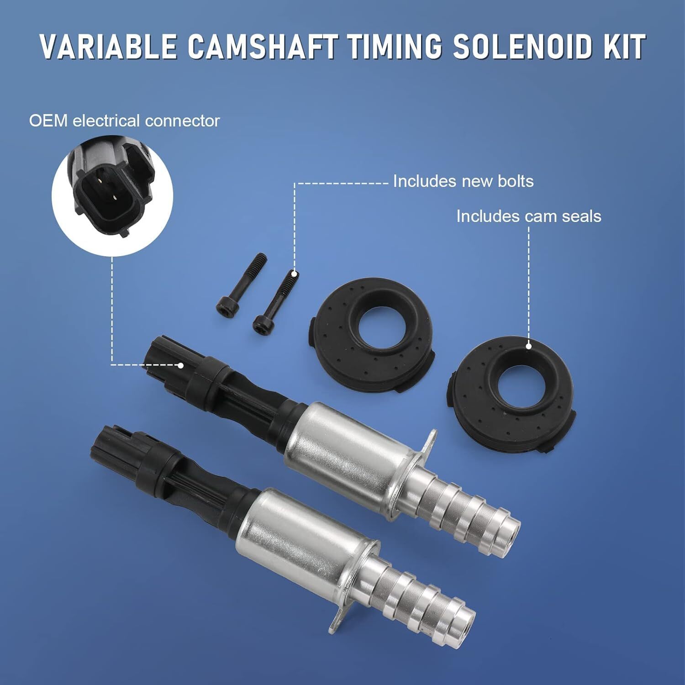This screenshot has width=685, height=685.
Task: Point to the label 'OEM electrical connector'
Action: (124, 121)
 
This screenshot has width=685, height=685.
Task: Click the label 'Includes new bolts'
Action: (463, 181)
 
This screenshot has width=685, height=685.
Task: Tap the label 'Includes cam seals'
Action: (529, 216)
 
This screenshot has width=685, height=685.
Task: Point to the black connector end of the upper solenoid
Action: (183, 365)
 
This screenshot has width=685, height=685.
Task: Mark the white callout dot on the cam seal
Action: (529, 346)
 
